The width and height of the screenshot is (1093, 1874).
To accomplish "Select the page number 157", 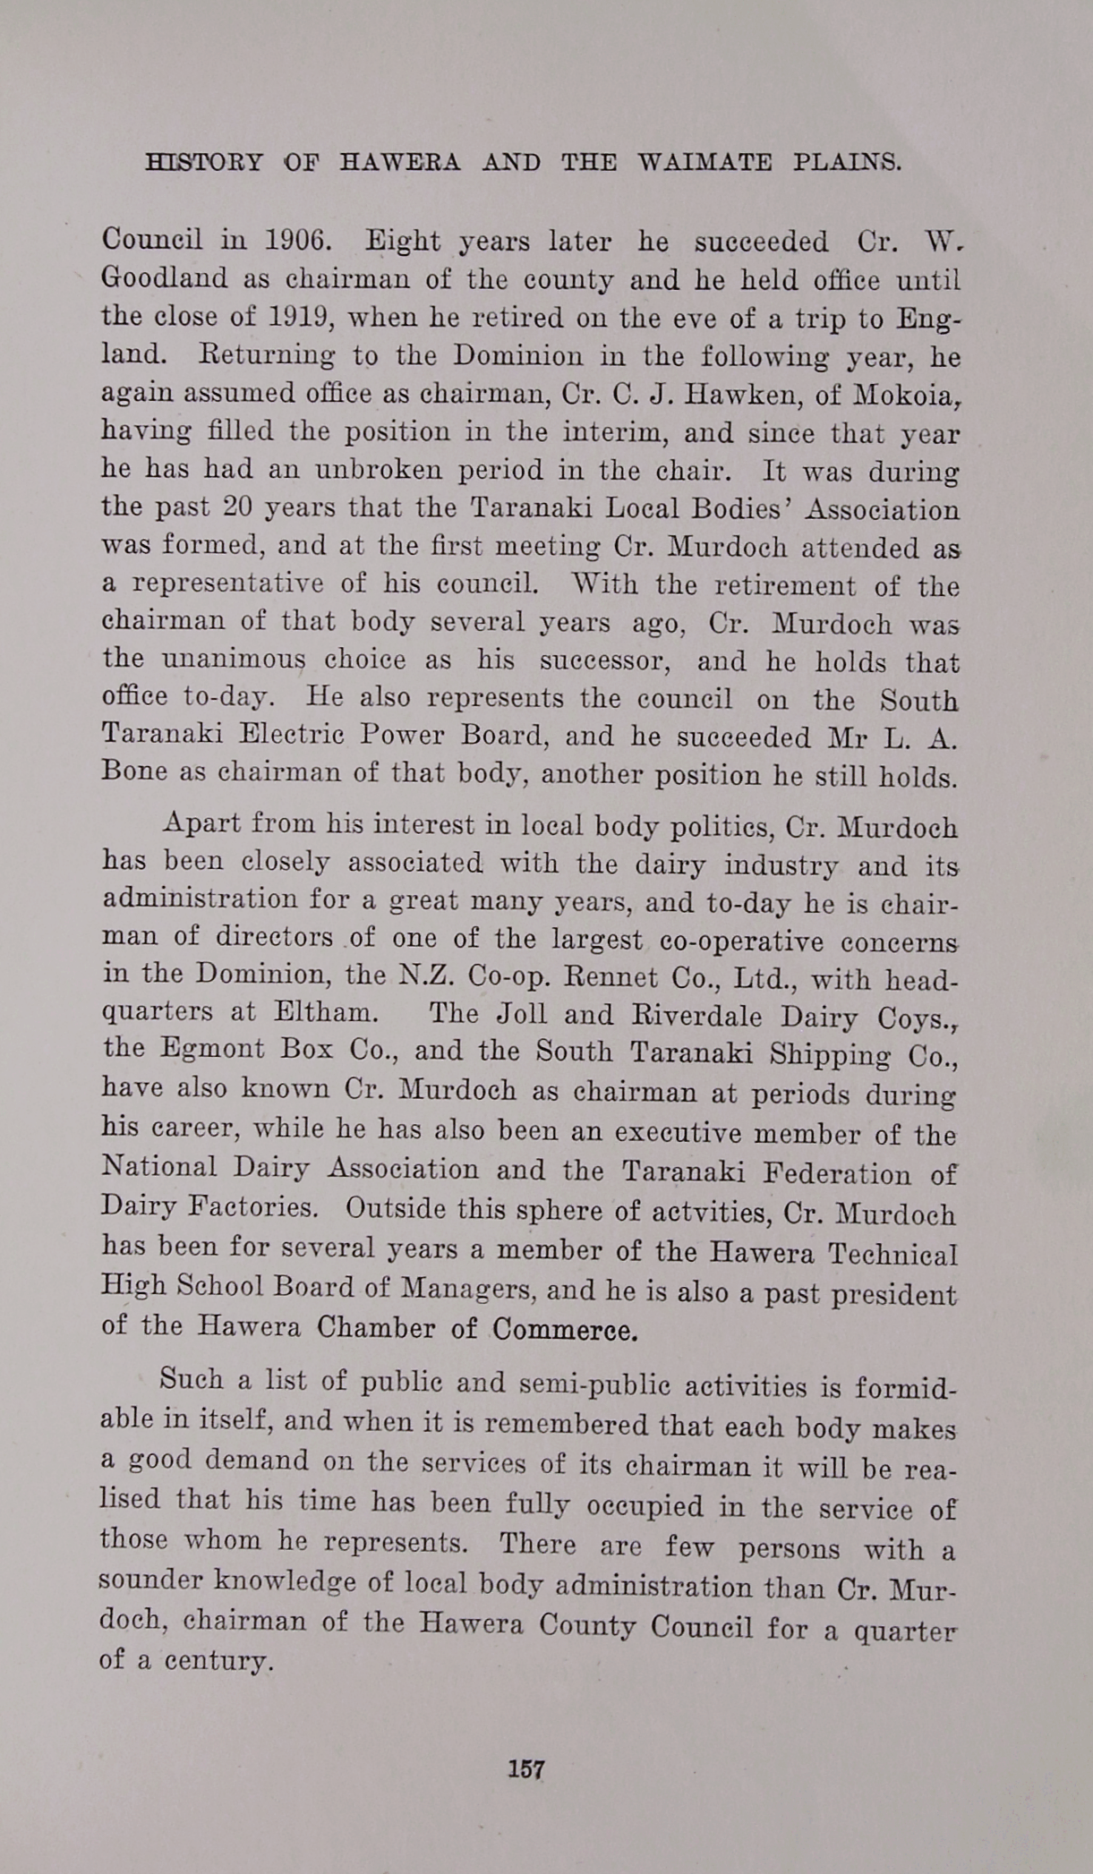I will coord(526,1768).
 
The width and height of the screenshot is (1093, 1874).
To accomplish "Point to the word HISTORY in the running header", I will coord(204,162).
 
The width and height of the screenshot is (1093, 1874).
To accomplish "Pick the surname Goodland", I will coord(165,278).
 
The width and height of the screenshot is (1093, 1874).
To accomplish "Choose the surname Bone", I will coord(134,771).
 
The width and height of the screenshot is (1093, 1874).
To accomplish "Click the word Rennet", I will coord(611,976).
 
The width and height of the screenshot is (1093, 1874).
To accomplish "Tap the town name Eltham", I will coord(322,1013).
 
